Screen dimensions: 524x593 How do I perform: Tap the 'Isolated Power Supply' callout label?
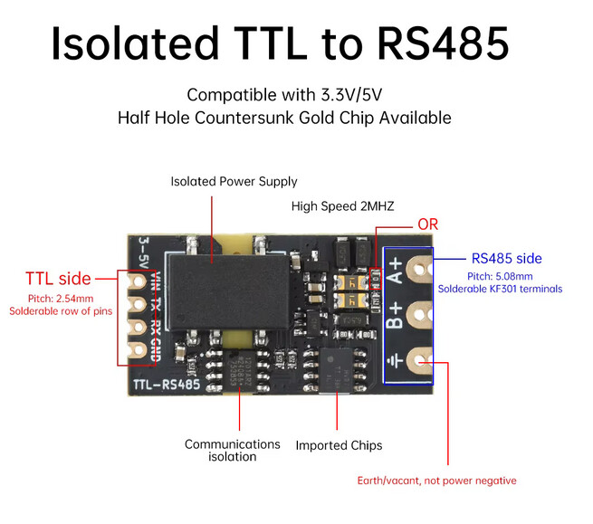234,182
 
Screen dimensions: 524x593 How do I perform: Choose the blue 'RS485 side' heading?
506,258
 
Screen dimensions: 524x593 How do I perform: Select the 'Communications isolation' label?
233,450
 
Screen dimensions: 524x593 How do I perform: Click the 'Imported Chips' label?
339,445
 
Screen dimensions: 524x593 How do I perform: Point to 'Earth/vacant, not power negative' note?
436,481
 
